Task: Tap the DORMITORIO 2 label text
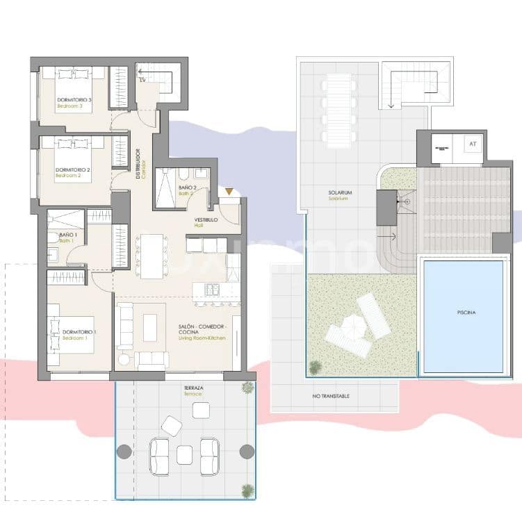73,169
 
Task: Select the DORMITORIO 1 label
79,332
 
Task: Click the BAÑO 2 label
187,188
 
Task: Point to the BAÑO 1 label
67,236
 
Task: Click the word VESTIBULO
206,220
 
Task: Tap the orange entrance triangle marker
230,192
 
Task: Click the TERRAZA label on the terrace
193,388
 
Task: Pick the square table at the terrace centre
184,454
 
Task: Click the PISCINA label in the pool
466,313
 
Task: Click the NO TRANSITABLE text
331,396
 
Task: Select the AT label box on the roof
473,144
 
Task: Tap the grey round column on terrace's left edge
124,452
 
